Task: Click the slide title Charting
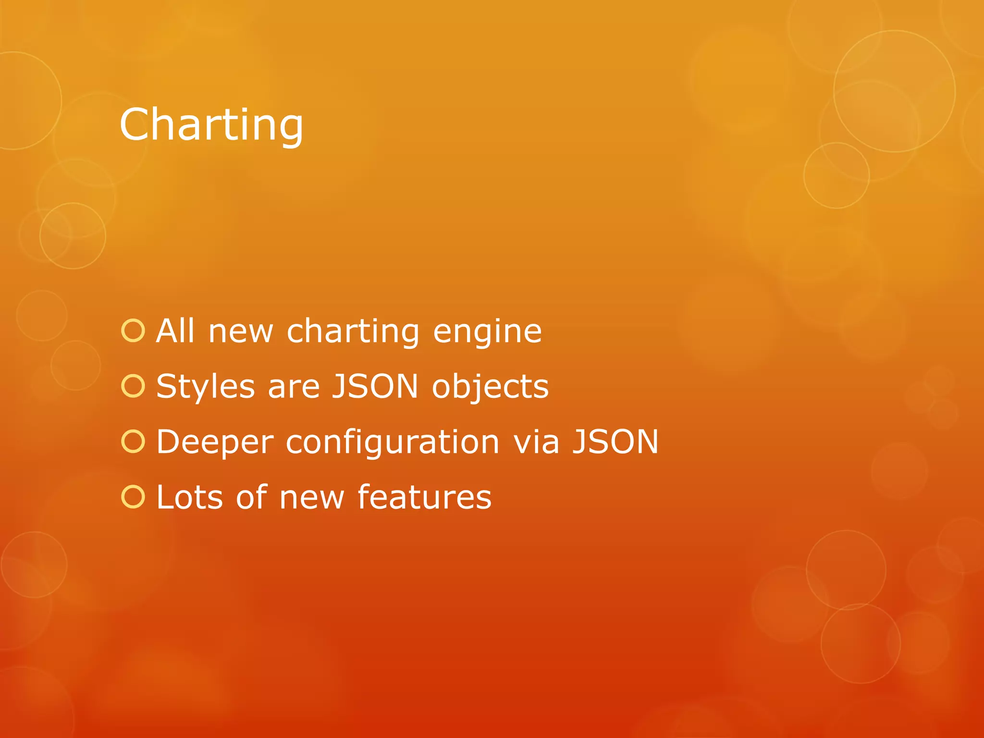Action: click(211, 125)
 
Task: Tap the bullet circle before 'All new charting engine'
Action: click(133, 331)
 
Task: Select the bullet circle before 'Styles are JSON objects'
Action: click(133, 386)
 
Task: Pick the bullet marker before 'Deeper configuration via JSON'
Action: click(133, 442)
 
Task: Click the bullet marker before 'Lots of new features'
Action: click(133, 497)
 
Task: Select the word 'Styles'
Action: click(206, 387)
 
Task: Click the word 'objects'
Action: click(490, 387)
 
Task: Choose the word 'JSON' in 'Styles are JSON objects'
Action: click(375, 386)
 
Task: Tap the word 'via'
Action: click(536, 442)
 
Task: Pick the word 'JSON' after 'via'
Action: click(615, 442)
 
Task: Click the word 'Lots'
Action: click(190, 497)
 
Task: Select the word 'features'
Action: click(425, 497)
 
